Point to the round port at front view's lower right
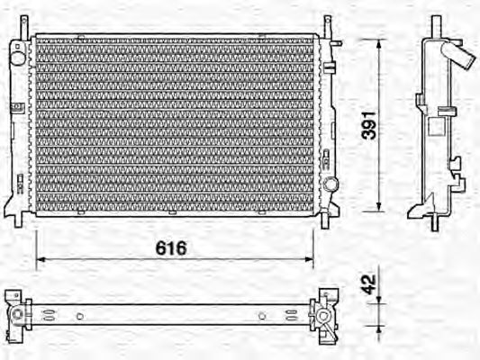[x=331, y=184]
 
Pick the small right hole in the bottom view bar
[x=261, y=316]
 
